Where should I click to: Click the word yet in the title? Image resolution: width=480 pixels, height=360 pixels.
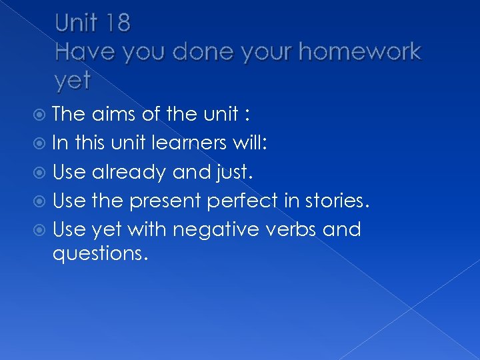click(x=73, y=81)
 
